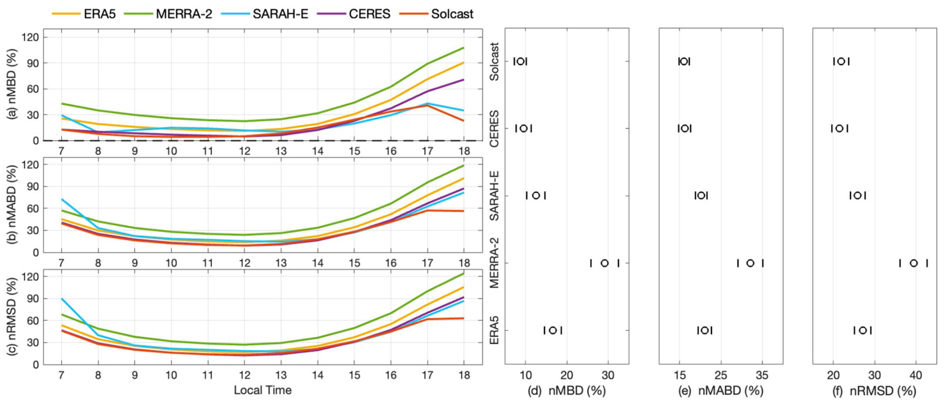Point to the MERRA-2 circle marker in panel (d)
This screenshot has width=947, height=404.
[604, 263]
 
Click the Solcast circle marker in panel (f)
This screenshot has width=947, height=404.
[841, 61]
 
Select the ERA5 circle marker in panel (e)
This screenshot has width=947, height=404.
[704, 330]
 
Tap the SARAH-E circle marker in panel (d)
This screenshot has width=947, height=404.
[536, 195]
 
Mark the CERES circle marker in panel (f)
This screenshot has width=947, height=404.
[839, 128]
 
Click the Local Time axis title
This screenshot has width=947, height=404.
[263, 390]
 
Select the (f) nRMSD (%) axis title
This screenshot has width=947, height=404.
[874, 391]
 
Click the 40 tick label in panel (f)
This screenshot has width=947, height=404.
[915, 375]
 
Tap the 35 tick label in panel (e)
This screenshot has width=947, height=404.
[762, 375]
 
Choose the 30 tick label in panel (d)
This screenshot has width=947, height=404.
[608, 375]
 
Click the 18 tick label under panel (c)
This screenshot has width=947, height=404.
[464, 375]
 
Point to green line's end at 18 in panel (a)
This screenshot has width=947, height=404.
[463, 48]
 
